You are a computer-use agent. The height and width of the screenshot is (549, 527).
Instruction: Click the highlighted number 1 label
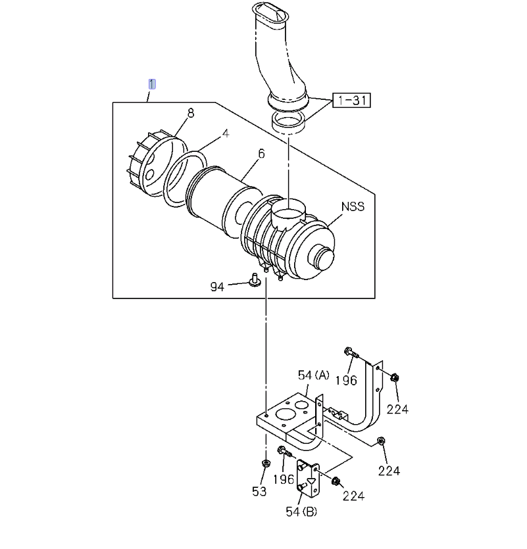coord(152,84)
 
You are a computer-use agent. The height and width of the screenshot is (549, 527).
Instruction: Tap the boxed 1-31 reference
coord(351,101)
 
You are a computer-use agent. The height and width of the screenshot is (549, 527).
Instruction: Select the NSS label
coord(352,206)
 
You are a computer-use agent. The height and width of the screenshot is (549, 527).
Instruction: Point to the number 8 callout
coord(190,113)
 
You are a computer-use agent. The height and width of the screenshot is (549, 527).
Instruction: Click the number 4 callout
coord(225,133)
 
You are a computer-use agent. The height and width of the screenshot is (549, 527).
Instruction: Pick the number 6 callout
coord(261,154)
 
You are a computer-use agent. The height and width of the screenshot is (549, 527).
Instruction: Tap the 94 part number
coord(217,287)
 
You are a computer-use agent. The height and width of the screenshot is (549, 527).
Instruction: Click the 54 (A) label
coord(313,375)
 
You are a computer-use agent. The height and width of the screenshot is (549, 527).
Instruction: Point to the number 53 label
coord(259,491)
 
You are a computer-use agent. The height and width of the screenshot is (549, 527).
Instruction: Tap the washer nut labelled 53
coord(265,465)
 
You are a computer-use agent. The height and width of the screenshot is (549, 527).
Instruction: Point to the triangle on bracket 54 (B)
coord(312,481)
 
